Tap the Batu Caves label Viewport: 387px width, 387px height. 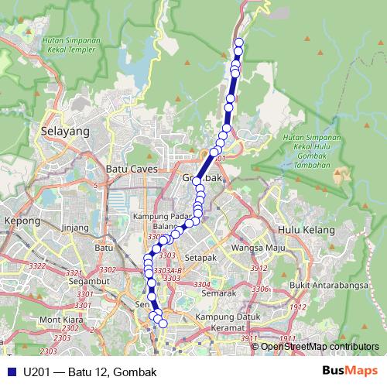click(x=132, y=169)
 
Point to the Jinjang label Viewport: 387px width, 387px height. click(x=75, y=228)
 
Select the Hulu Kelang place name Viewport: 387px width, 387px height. click(x=306, y=230)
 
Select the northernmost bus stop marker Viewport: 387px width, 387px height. click(x=238, y=43)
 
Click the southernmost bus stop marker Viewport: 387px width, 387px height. click(x=163, y=324)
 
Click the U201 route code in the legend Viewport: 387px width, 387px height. click(x=37, y=372)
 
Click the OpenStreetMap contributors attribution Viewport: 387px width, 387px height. click(x=319, y=346)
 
